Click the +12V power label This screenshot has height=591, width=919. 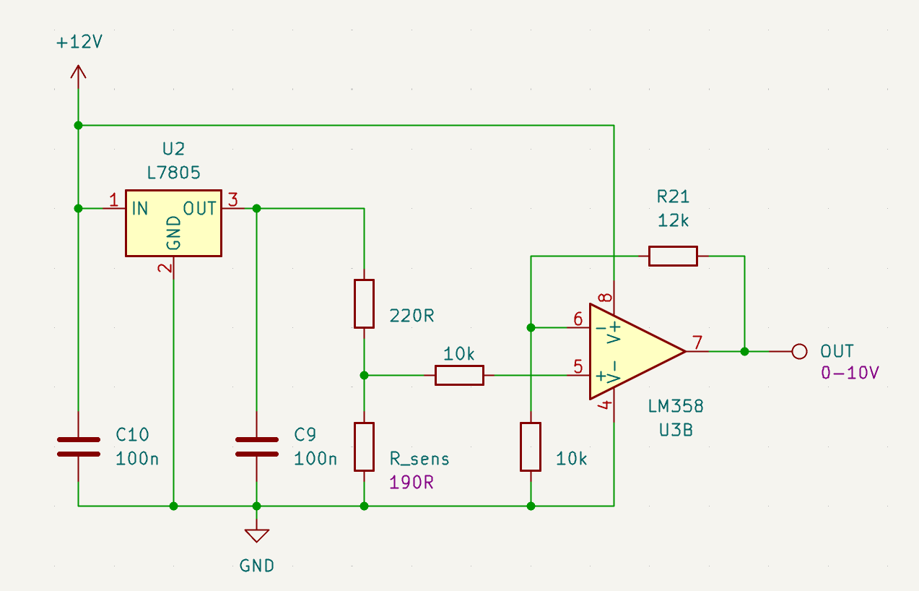(x=79, y=42)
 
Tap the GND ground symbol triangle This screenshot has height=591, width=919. (x=257, y=535)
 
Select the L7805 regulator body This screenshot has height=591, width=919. (x=173, y=223)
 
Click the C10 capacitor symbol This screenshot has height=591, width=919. (x=79, y=447)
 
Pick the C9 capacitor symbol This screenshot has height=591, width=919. (x=257, y=447)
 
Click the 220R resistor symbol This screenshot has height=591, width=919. (x=364, y=304)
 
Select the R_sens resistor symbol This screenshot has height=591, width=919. (x=364, y=447)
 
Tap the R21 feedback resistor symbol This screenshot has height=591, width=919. (x=673, y=256)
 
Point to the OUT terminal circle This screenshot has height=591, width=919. (x=799, y=352)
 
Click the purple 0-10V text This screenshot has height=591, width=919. (x=850, y=373)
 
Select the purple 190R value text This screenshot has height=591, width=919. (x=411, y=483)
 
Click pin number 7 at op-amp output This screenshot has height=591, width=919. (x=697, y=342)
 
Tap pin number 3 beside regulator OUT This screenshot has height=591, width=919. (x=233, y=199)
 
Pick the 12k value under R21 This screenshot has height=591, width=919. (x=674, y=221)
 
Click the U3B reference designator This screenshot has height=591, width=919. (x=676, y=431)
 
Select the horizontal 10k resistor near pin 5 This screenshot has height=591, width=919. (x=459, y=376)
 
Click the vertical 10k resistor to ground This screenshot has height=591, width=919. (x=531, y=447)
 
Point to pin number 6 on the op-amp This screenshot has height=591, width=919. (x=578, y=319)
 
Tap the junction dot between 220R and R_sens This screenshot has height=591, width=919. (x=364, y=376)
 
